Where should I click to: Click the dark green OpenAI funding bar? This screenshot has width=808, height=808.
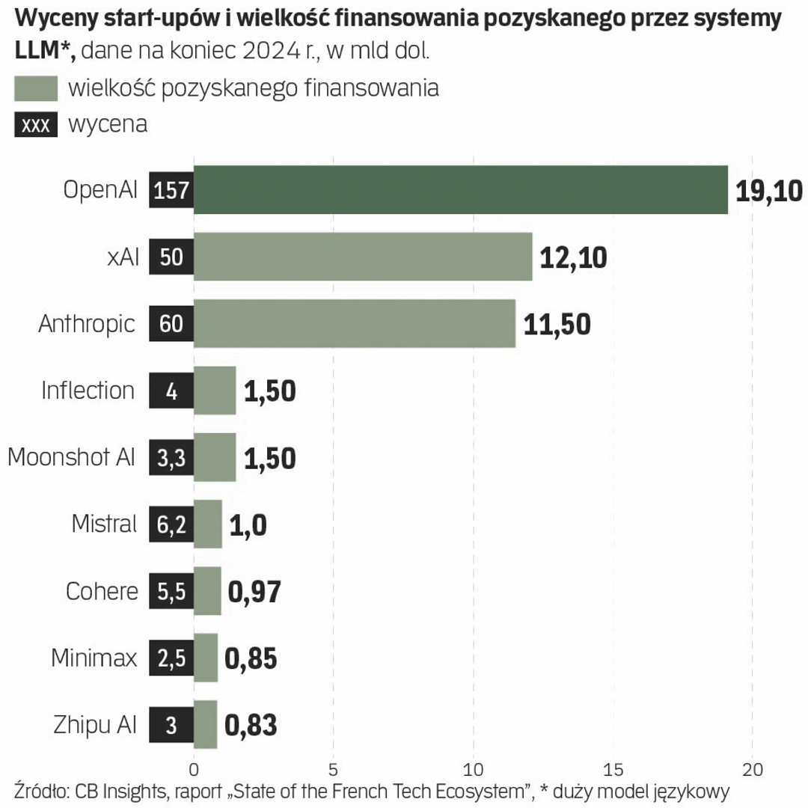pyautogui.click(x=460, y=190)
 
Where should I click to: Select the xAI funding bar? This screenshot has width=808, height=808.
pyautogui.click(x=363, y=257)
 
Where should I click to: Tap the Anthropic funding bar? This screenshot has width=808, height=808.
pyautogui.click(x=355, y=323)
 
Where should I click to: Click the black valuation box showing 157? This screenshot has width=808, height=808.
pyautogui.click(x=171, y=190)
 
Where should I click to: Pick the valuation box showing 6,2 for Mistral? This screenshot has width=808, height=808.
pyautogui.click(x=171, y=524)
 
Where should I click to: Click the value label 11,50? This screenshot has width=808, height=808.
pyautogui.click(x=557, y=324)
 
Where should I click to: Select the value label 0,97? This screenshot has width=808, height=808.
pyautogui.click(x=254, y=591)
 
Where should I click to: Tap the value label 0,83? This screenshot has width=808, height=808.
pyautogui.click(x=251, y=725)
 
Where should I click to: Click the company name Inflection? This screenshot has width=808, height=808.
pyautogui.click(x=88, y=391)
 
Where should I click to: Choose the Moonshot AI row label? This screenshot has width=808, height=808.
pyautogui.click(x=72, y=457)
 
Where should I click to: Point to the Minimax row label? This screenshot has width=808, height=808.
pyautogui.click(x=94, y=658)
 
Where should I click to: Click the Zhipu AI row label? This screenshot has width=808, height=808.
pyautogui.click(x=95, y=724)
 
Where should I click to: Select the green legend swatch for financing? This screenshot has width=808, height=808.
pyautogui.click(x=36, y=88)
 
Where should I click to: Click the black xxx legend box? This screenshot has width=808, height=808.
pyautogui.click(x=36, y=124)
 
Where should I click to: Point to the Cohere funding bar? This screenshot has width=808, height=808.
pyautogui.click(x=207, y=591)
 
